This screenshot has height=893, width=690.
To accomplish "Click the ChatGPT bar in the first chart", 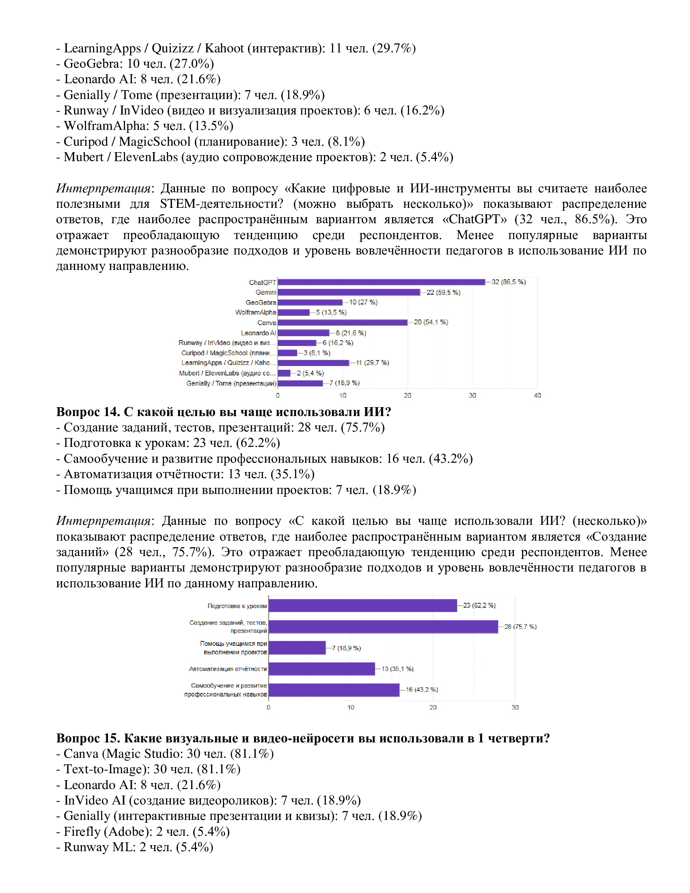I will [x=381, y=282].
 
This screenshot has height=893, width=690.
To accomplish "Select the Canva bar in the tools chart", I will [x=343, y=323].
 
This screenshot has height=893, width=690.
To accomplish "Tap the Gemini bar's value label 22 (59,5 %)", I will [x=443, y=292].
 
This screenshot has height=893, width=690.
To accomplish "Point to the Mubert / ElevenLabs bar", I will [x=284, y=373].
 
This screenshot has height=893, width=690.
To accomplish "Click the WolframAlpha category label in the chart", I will [x=255, y=313].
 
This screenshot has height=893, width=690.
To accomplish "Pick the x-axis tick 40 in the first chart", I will [x=537, y=395].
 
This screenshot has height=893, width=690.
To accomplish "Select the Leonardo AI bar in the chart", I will [x=303, y=333].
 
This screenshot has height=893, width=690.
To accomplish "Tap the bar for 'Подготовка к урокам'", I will [x=362, y=606].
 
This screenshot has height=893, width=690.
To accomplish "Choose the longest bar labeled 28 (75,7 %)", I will [x=383, y=626].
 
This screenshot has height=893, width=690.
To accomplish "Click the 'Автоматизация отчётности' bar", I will [x=322, y=669].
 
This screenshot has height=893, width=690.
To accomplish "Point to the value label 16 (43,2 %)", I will [x=421, y=689].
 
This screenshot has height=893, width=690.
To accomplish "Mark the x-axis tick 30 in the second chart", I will [x=515, y=707].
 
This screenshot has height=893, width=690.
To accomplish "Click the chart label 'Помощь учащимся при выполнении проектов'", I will [x=234, y=648].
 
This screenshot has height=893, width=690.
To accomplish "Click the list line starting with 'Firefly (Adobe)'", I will [x=143, y=831].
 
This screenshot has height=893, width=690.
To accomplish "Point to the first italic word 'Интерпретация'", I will [x=103, y=188].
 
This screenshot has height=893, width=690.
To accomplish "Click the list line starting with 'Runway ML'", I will [x=135, y=847].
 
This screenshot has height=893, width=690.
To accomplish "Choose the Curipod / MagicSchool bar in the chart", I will [x=287, y=353].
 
